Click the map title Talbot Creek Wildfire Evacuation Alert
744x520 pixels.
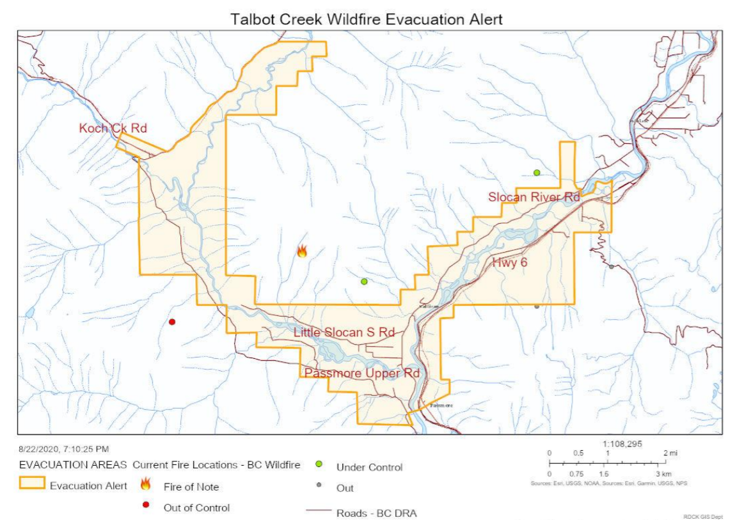point(367,19)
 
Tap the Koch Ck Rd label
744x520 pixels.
point(113,129)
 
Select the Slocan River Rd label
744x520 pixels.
point(534,197)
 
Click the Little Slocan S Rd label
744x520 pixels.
point(344,332)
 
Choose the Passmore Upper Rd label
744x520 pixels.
point(362,373)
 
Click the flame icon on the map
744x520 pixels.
point(302,251)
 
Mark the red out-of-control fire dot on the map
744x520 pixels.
point(171,322)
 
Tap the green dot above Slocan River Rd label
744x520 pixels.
point(537,172)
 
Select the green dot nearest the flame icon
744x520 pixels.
point(364,281)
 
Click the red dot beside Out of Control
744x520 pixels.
point(145,505)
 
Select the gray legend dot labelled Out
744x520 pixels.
point(318,485)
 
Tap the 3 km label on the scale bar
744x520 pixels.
point(663,474)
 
